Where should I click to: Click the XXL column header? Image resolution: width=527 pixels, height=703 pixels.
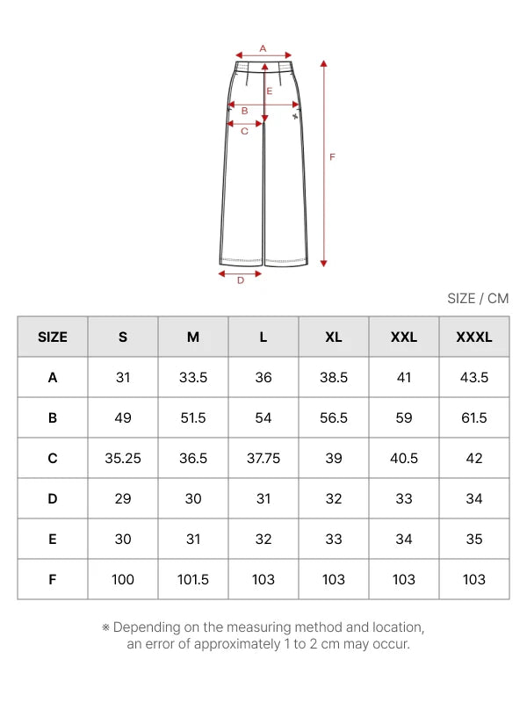coord(404,337)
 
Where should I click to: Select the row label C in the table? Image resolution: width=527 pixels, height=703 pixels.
coord(53,458)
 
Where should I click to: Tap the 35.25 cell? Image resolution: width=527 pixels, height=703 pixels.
coord(123,458)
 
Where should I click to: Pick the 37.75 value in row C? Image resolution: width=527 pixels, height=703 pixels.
coord(263,458)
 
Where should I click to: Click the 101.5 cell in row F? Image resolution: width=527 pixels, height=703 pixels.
coord(193,579)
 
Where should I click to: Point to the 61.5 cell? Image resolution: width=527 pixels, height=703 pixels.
coord(474,418)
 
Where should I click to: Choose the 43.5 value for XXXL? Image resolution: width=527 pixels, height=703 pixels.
coord(474,378)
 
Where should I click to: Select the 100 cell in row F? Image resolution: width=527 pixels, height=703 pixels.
coord(123,579)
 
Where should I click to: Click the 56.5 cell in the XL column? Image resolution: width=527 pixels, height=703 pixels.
coord(334,418)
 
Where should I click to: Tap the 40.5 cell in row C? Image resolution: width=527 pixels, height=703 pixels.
coord(404,458)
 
